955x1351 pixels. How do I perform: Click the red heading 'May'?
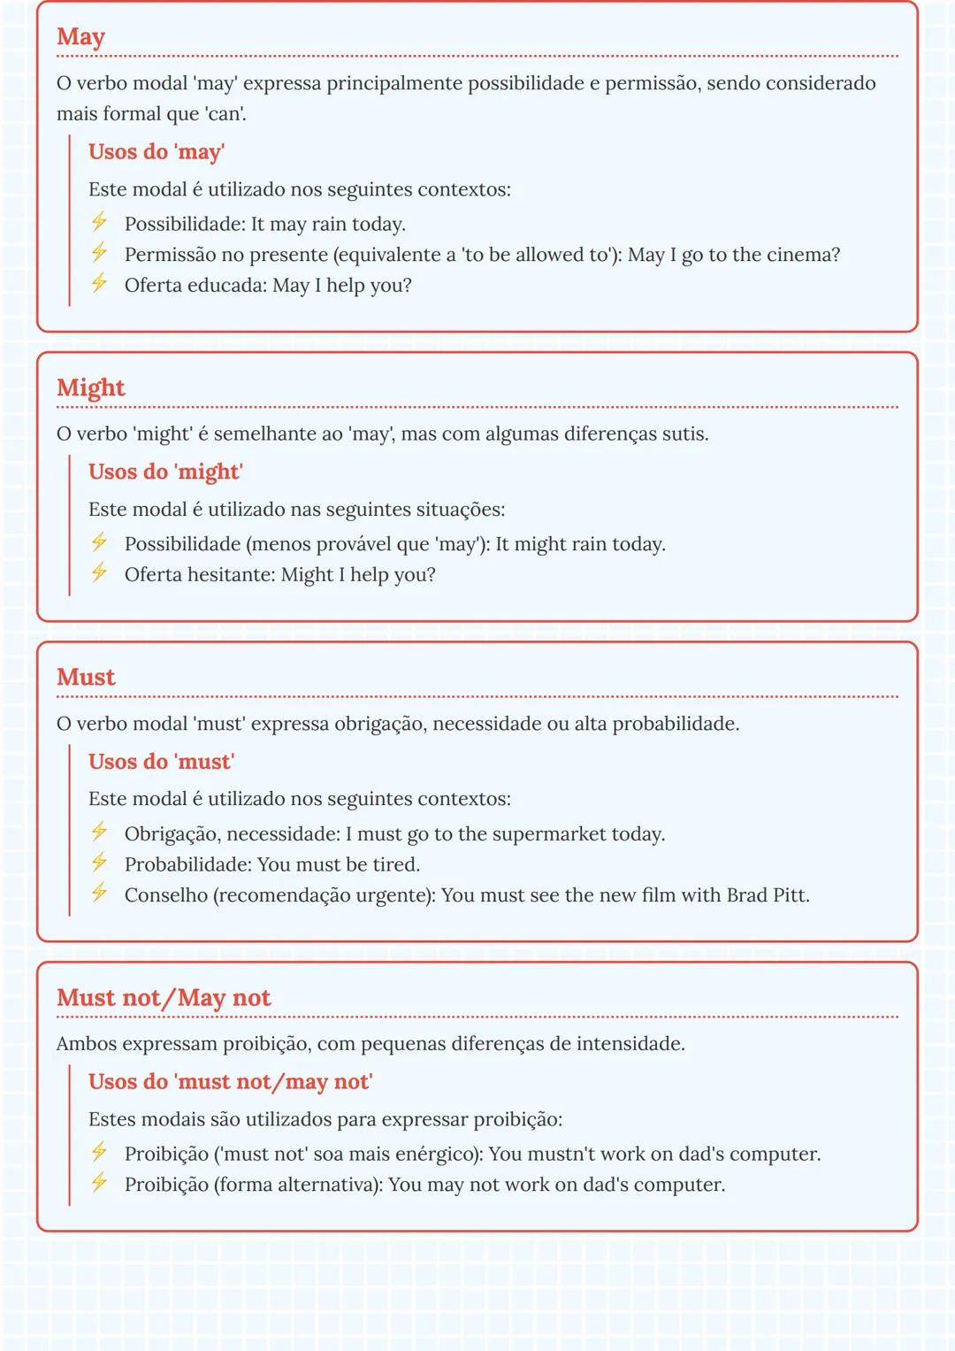point(80,37)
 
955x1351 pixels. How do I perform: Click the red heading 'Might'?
point(90,388)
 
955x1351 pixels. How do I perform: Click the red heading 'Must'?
point(86,677)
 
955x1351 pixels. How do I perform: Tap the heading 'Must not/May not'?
point(164,997)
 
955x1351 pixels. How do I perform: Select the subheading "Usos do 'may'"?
point(157,151)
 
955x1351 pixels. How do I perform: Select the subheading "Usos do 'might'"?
point(165,472)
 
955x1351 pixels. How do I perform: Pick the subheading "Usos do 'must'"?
point(161,762)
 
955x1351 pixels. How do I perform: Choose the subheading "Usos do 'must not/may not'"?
point(230,1081)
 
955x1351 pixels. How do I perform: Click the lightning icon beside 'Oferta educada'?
point(99,283)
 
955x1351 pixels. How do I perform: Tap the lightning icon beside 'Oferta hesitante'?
point(99,572)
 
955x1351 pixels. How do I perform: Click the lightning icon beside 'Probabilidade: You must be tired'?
point(99,862)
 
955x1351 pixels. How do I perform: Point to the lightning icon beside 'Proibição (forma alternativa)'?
point(99,1182)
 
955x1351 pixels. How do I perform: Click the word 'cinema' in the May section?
point(798,255)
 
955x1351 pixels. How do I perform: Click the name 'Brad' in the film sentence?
point(747,895)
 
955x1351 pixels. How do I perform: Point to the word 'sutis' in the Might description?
point(684,434)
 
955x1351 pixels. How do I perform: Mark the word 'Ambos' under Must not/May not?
point(86,1044)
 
